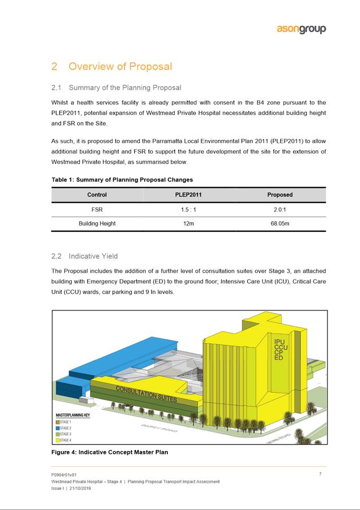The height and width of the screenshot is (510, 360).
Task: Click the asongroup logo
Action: click(301, 29)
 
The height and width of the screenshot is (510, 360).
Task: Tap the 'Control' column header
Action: click(97, 195)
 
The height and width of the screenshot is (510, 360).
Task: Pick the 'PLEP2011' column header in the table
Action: click(188, 195)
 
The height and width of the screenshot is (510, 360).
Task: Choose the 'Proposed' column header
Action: click(280, 195)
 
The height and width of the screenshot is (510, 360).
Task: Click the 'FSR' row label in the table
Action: click(97, 209)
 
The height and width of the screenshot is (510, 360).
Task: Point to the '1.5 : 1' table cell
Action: click(188, 209)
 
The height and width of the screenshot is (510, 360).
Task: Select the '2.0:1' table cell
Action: click(280, 209)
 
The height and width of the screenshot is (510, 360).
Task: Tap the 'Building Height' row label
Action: click(97, 223)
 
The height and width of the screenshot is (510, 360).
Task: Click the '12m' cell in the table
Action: click(188, 223)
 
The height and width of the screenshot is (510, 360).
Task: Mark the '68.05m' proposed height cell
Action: click(280, 223)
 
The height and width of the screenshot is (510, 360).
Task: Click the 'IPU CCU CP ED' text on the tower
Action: click(280, 350)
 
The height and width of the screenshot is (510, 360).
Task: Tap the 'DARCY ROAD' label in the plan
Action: click(158, 428)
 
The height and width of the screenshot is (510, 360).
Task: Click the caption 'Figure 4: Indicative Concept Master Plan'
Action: click(109, 452)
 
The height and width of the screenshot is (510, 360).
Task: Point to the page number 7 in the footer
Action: click(320, 474)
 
